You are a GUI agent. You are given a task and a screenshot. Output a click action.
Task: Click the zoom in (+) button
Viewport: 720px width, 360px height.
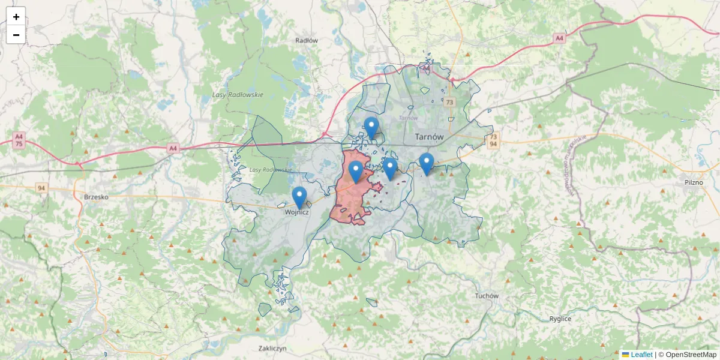(x=16, y=17)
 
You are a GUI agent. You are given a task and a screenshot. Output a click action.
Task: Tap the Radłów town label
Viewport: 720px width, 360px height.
(x=306, y=40)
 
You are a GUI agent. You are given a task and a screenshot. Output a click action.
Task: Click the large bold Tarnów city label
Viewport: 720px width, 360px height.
(x=429, y=137)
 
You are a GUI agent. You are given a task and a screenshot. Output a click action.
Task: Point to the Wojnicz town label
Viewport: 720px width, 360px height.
(x=297, y=212)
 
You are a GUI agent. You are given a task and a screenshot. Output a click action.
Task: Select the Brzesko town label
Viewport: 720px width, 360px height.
(x=95, y=196)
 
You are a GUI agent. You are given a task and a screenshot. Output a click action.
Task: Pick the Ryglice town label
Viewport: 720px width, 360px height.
(x=560, y=319)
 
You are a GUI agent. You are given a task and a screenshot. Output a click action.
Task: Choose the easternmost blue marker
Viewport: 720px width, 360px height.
(x=427, y=164)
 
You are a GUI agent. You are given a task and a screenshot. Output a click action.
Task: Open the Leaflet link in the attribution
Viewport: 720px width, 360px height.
(x=641, y=355)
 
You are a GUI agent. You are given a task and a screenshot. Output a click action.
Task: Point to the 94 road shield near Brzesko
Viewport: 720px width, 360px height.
(x=41, y=188)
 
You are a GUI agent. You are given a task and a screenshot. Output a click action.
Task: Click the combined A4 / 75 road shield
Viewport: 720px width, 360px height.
(x=19, y=141)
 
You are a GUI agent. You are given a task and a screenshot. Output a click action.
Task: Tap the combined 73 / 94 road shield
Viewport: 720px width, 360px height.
(x=493, y=141)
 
